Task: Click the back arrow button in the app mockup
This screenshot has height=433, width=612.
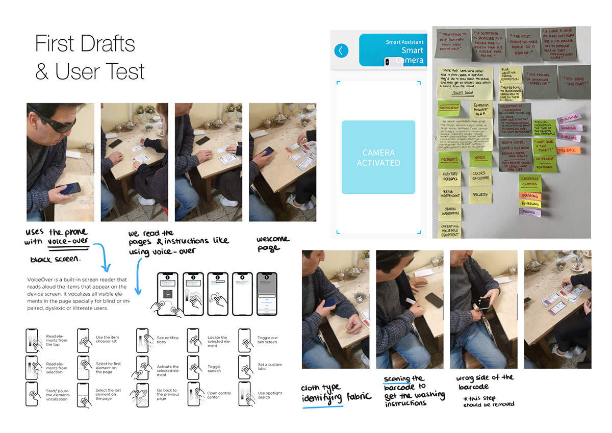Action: click(341, 50)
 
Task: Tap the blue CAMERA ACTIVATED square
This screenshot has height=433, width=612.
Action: click(378, 157)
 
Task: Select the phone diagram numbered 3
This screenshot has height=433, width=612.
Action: click(218, 294)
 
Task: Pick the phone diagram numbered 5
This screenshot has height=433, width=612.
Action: click(267, 294)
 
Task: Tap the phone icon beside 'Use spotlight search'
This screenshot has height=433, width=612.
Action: click(245, 395)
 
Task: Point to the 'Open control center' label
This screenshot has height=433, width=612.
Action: click(219, 395)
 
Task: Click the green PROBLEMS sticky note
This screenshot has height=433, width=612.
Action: click(449, 159)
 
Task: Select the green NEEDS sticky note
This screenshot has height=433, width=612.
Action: click(480, 159)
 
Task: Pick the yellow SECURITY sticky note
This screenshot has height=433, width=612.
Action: click(480, 194)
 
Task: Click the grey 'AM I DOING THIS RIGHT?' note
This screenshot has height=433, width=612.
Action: click(573, 81)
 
